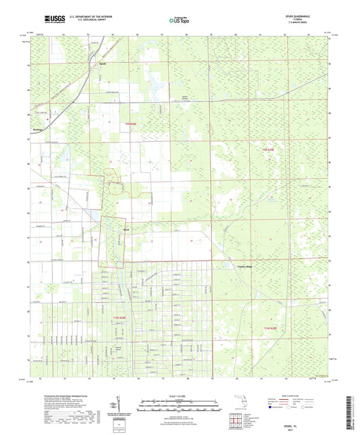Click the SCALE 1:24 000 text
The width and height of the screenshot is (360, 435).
[180, 395]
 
